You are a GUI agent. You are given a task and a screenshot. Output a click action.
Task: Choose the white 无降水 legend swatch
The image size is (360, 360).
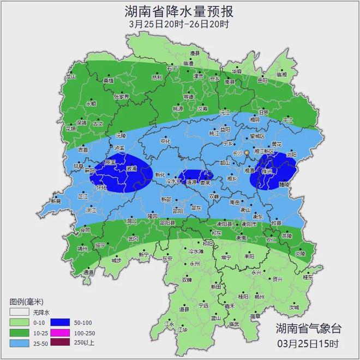[18, 313]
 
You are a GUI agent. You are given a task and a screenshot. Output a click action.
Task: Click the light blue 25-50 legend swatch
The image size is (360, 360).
[18, 342]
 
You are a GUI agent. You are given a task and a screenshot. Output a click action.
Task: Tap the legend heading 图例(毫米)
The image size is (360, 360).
[26, 302]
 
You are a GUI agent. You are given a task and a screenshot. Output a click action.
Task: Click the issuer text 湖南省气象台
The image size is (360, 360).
[308, 328]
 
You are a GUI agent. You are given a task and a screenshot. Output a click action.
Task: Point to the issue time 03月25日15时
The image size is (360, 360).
[308, 344]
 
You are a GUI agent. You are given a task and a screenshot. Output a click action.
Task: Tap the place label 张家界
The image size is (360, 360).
[121, 97]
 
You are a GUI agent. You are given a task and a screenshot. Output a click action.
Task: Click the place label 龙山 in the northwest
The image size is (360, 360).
[71, 77]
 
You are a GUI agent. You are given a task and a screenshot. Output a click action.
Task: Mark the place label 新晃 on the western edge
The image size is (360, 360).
[56, 201]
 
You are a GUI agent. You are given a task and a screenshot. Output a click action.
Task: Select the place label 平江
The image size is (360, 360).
[287, 120]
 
